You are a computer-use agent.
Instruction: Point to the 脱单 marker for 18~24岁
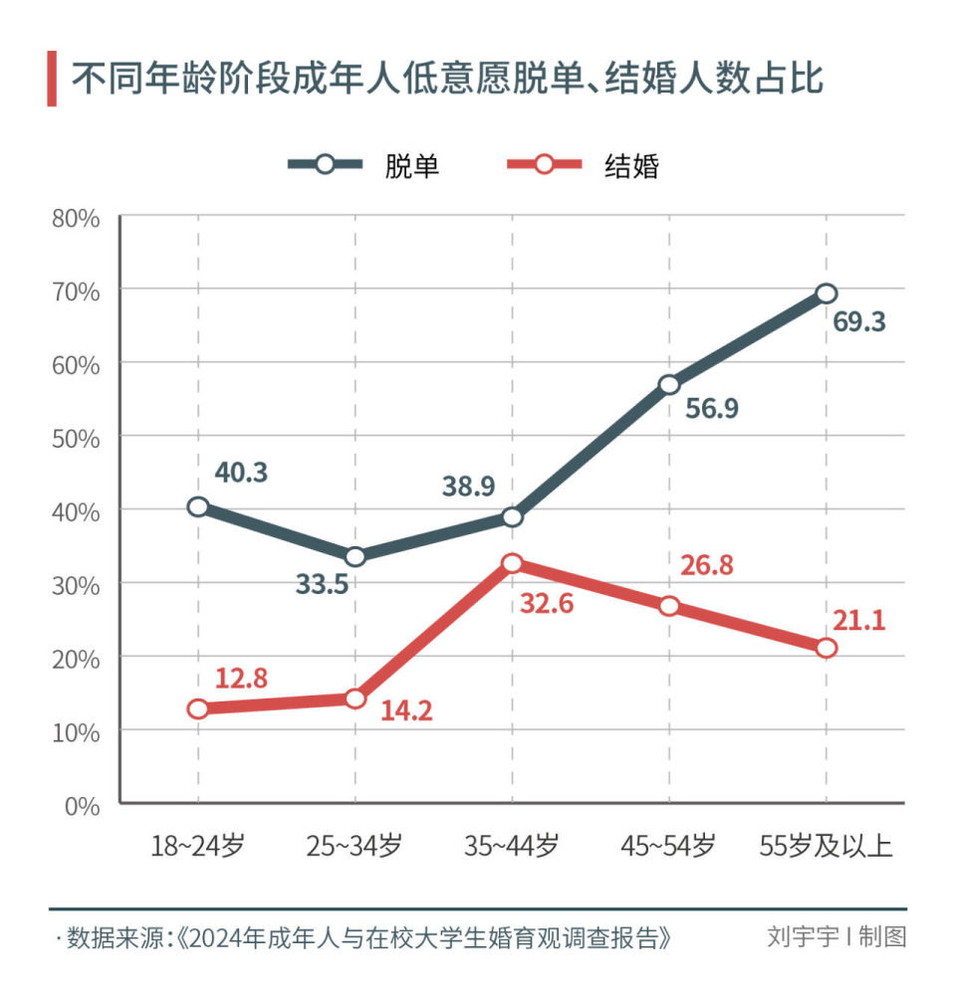tap(198, 506)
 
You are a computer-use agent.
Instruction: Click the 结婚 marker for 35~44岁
tap(512, 563)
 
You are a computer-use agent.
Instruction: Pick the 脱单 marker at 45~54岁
tap(669, 385)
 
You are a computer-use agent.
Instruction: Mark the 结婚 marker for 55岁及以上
tap(826, 648)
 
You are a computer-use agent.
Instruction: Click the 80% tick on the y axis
tap(77, 218)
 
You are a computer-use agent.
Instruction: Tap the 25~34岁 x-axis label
tap(355, 847)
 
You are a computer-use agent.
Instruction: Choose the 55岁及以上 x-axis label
tap(826, 847)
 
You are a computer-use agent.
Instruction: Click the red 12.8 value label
tap(241, 679)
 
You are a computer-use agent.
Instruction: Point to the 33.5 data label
tap(322, 584)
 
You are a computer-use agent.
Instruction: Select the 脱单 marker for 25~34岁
tap(355, 556)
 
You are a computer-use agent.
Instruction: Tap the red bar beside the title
tap(52, 79)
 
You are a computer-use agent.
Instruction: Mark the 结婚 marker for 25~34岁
tap(355, 698)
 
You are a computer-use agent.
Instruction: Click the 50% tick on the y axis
tap(77, 438)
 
